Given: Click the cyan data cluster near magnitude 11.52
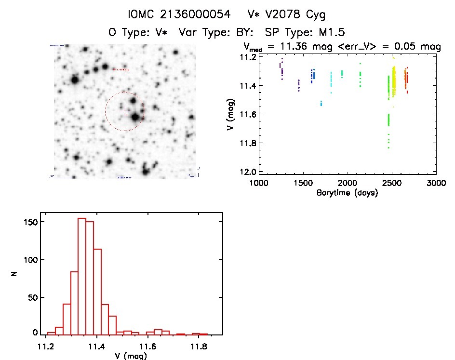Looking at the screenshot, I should (321, 103).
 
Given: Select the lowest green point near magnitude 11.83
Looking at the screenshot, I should (388, 147).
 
